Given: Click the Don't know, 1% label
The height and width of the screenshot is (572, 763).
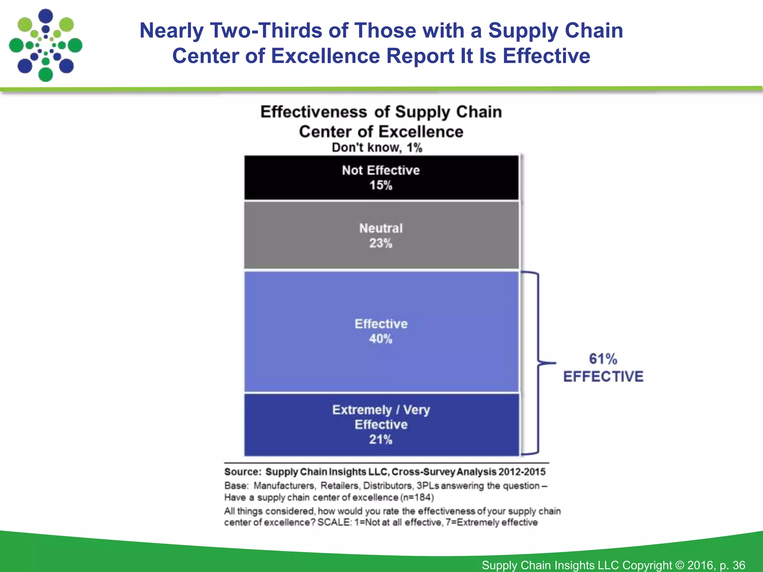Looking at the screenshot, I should [377, 148].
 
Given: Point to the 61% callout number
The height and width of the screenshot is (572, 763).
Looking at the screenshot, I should [603, 359].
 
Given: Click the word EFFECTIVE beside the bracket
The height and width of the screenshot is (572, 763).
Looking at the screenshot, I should [603, 376].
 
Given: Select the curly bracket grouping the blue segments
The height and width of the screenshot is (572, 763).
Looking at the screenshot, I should [538, 363].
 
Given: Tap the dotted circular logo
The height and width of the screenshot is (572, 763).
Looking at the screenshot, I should [45, 45].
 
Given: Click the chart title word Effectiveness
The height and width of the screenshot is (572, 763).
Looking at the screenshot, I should [313, 112].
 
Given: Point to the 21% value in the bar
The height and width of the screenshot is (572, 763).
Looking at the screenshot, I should [381, 440].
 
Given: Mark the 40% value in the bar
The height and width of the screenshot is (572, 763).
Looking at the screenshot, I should [381, 339].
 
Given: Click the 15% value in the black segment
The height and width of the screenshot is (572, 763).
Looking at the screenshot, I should [381, 185].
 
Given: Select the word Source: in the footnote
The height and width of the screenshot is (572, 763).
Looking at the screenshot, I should [243, 472].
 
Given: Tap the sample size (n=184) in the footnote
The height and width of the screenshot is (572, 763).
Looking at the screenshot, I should [417, 498].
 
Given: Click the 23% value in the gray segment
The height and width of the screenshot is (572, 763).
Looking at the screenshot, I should [381, 244].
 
